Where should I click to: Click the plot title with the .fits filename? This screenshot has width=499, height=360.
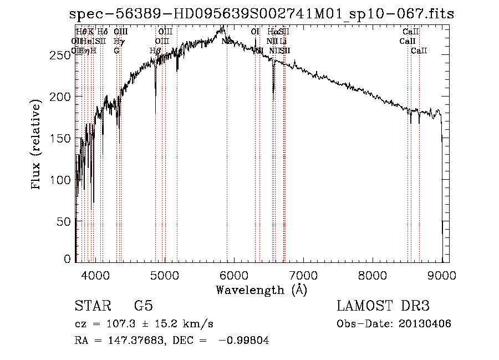[x=262, y=14]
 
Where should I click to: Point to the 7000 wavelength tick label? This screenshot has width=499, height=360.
[x=303, y=275]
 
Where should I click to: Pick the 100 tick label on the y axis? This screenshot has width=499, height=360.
[x=63, y=180]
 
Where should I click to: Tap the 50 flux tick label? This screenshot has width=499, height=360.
[x=65, y=221]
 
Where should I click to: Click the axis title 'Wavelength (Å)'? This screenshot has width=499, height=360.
[x=261, y=290]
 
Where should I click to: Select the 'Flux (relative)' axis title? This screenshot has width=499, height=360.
[x=37, y=145]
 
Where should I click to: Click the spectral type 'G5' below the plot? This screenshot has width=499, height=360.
[x=144, y=306]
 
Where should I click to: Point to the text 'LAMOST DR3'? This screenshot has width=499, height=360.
[x=383, y=306]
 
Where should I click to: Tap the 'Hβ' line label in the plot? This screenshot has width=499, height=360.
[x=155, y=51]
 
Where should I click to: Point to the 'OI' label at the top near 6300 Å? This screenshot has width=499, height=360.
[x=255, y=32]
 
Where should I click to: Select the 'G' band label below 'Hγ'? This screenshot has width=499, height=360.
[x=116, y=51]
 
